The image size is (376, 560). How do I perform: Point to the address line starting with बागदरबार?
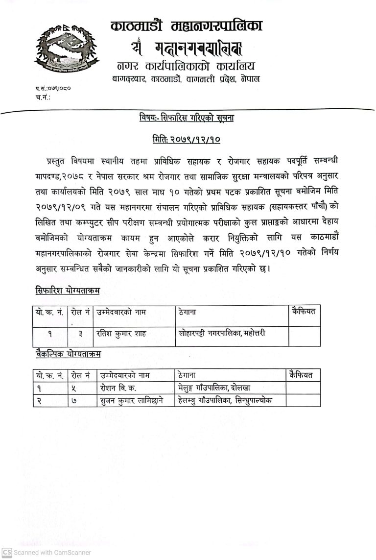click(x=186, y=79)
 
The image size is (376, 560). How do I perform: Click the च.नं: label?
click(x=43, y=97)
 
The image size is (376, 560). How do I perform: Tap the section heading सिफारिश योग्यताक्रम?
click(x=68, y=290)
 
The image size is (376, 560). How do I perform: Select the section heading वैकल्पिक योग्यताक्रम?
click(x=68, y=354)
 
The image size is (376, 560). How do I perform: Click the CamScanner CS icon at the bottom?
click(x=6, y=553)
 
